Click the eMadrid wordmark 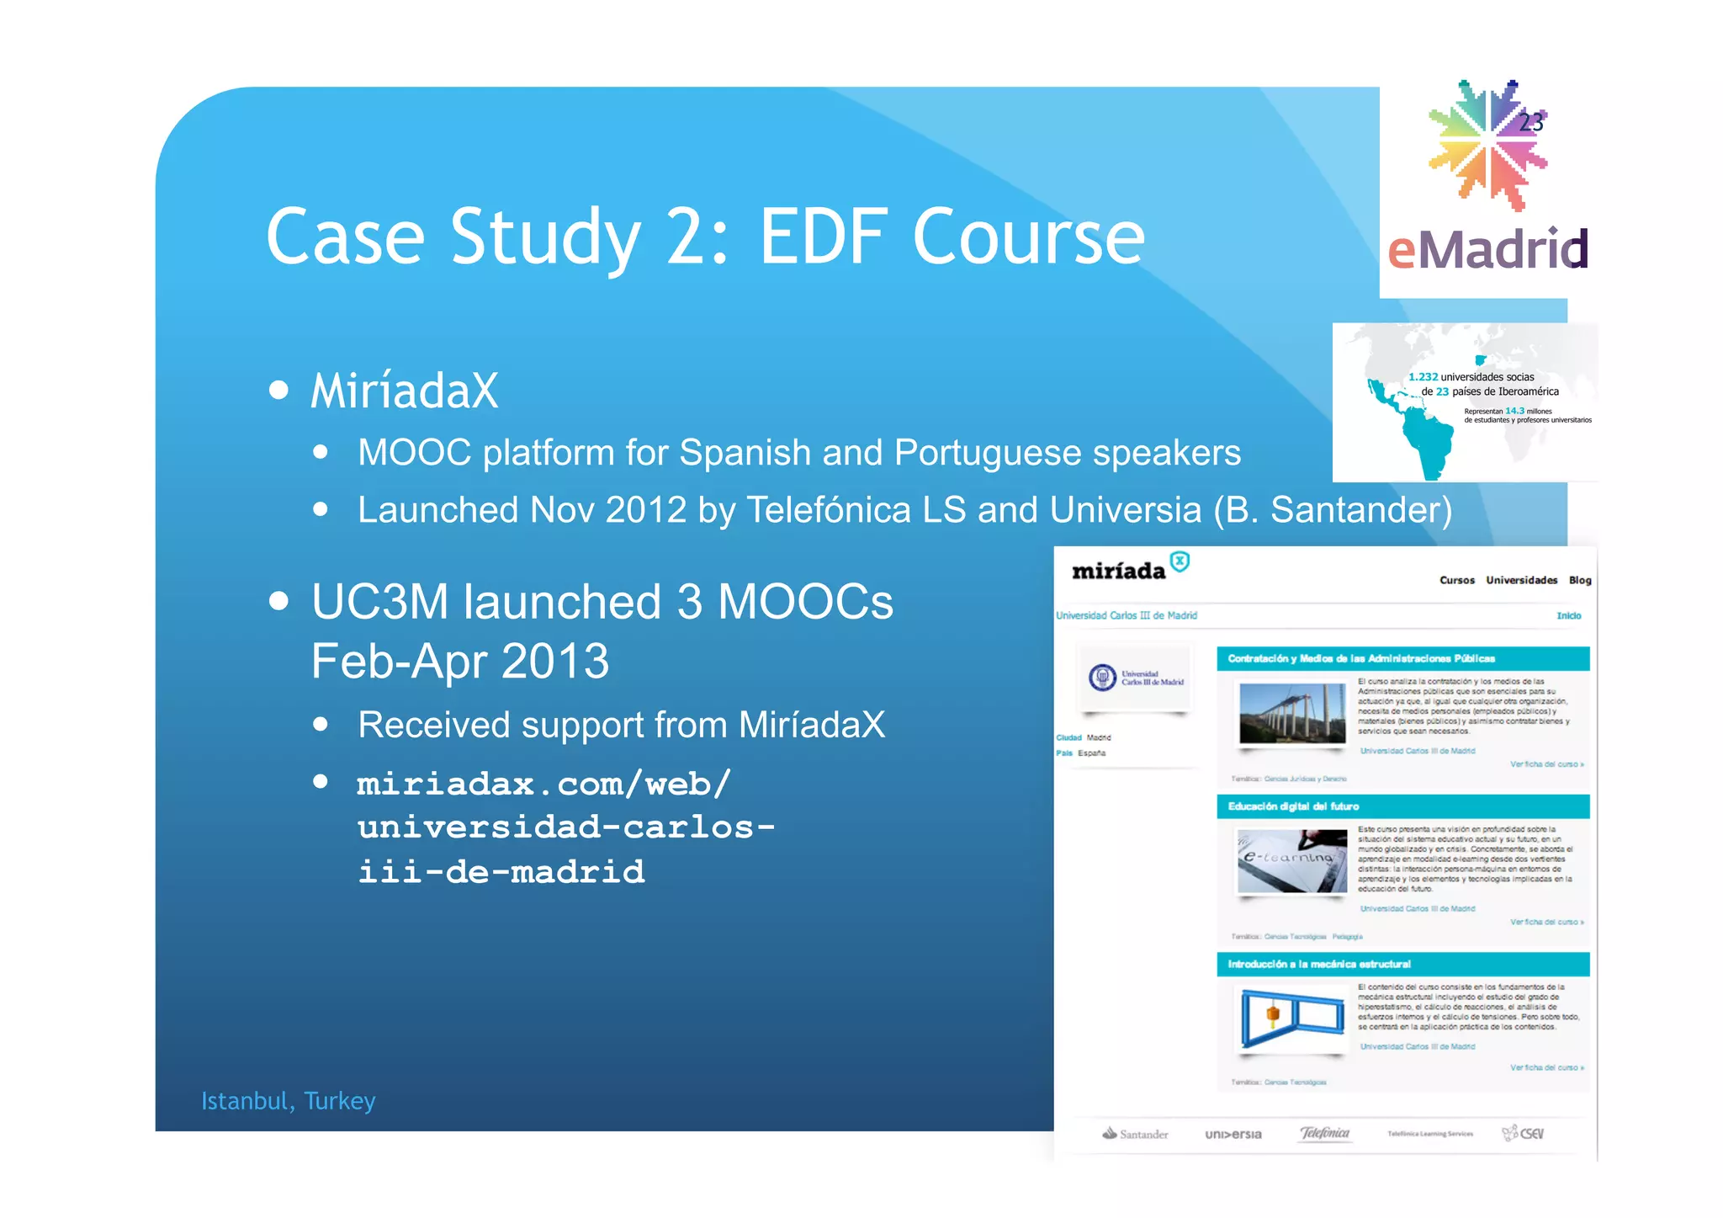click(x=1487, y=250)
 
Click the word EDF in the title click(x=823, y=237)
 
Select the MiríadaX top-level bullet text click(x=405, y=391)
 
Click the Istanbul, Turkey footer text click(x=288, y=1101)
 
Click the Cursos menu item click(x=1456, y=581)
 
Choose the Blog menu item click(x=1579, y=581)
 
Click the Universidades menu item click(x=1521, y=581)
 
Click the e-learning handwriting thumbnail click(x=1291, y=861)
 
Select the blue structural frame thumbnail click(x=1291, y=1019)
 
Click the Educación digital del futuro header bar click(x=1402, y=806)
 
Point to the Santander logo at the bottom click(x=1135, y=1135)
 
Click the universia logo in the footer click(x=1233, y=1135)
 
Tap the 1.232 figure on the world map click(x=1423, y=377)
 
